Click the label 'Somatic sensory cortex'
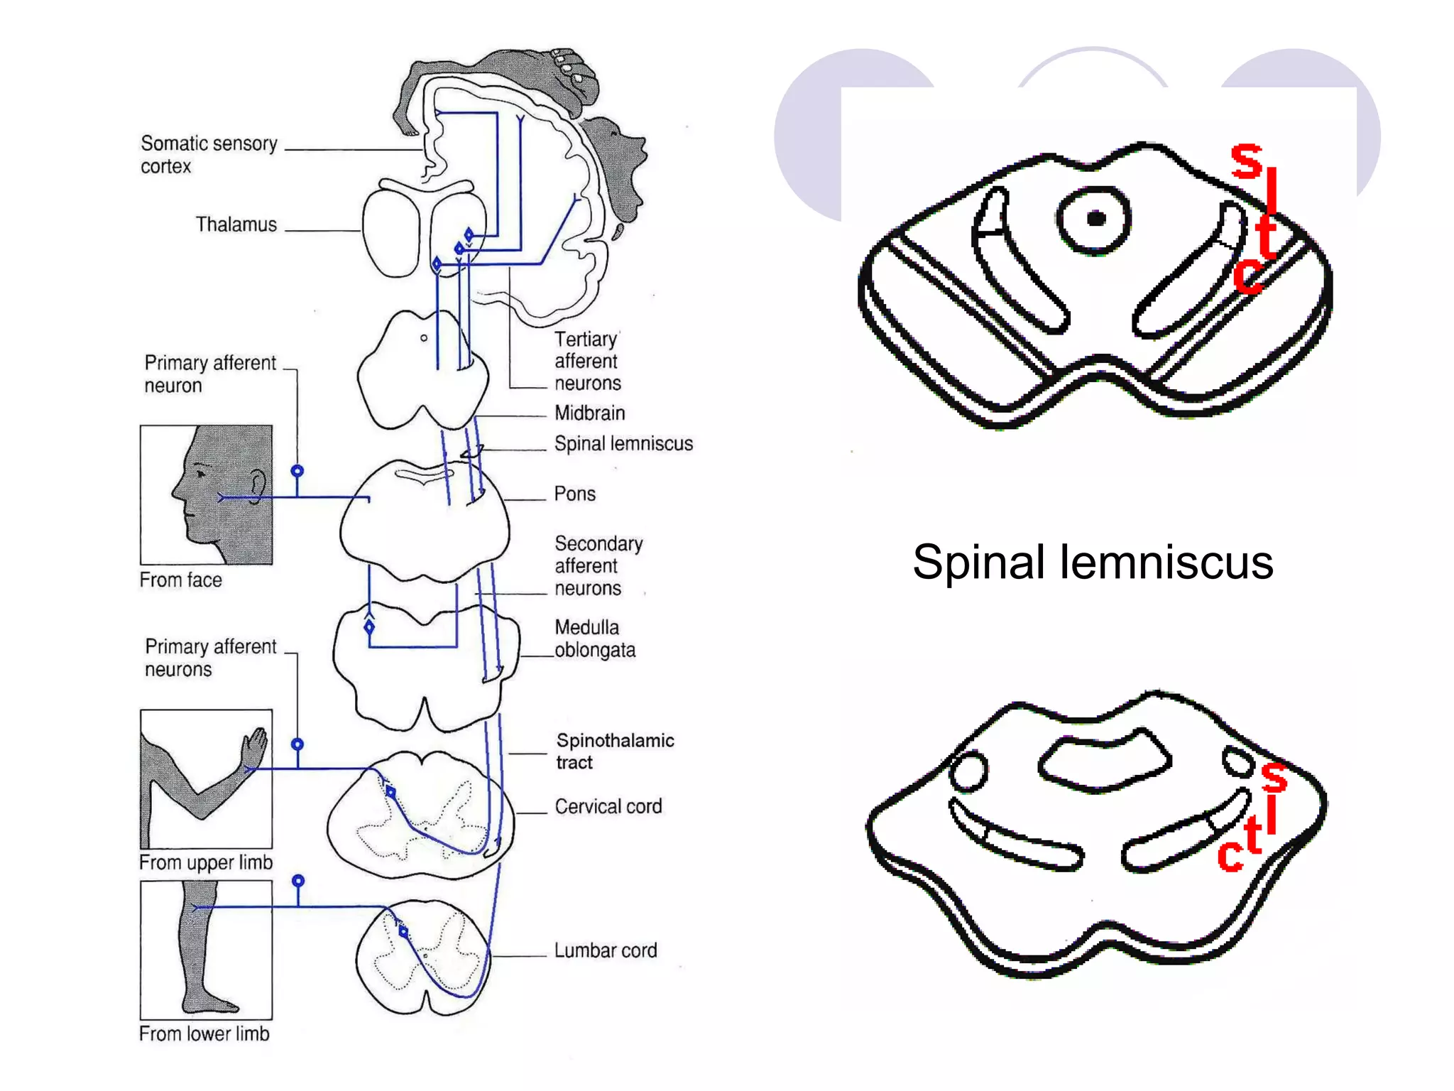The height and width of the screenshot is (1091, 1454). pos(208,154)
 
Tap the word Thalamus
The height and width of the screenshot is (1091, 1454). pos(236,224)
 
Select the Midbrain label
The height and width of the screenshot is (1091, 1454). pos(589,413)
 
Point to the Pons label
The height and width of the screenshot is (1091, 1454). pos(574,494)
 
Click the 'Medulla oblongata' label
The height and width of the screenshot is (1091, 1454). pos(594,639)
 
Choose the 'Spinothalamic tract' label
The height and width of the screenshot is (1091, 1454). pos(614,751)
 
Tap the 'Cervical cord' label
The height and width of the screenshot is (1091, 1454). pos(608,806)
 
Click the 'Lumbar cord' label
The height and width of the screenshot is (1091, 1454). pos(605,950)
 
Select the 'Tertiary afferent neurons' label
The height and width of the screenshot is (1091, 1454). pos(587,361)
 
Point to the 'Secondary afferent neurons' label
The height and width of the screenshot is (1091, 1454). pos(598,565)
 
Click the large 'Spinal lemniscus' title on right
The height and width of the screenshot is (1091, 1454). pos(1092,562)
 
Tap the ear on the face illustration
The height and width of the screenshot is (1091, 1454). pos(258,486)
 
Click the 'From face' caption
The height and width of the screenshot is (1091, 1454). pos(180,580)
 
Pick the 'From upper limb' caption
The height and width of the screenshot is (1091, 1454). pos(205,862)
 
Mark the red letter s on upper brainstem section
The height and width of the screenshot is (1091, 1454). pos(1246,161)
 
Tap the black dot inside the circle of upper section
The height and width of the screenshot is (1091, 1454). pos(1095,218)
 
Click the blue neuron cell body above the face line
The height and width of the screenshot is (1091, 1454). pos(297,471)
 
